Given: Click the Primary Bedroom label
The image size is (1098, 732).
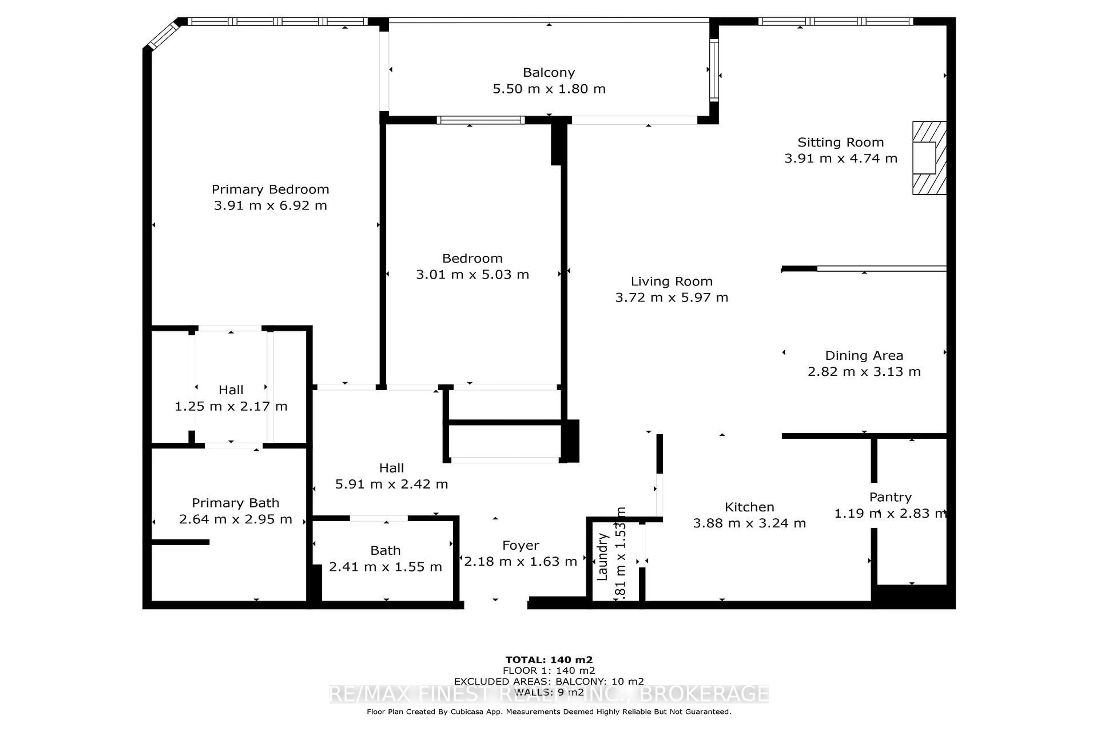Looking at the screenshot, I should pyautogui.click(x=270, y=189).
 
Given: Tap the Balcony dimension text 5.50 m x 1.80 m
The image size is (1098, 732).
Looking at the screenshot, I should pyautogui.click(x=549, y=89).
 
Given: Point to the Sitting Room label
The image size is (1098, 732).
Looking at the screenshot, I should pyautogui.click(x=840, y=142).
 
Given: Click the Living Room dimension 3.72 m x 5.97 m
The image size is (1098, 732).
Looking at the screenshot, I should pyautogui.click(x=671, y=297).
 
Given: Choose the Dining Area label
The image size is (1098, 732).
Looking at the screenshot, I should pyautogui.click(x=864, y=355).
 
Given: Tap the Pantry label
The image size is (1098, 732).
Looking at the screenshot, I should pyautogui.click(x=890, y=497).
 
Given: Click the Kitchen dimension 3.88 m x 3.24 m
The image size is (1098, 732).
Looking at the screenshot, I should pyautogui.click(x=749, y=523).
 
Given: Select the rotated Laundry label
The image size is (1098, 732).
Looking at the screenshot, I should pyautogui.click(x=602, y=556).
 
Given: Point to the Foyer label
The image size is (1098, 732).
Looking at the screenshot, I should pyautogui.click(x=520, y=545).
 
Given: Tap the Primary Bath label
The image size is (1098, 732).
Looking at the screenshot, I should pyautogui.click(x=235, y=503).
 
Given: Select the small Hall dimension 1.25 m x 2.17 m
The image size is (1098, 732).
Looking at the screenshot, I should pyautogui.click(x=231, y=406).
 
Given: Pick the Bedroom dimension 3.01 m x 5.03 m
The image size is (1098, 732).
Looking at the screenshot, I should pyautogui.click(x=472, y=274).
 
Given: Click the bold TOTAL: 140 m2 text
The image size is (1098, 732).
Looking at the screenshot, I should pyautogui.click(x=549, y=660).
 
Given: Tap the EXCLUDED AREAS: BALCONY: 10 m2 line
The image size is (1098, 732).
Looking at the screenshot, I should pyautogui.click(x=549, y=681).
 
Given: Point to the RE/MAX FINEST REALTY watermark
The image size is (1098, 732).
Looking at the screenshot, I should pyautogui.click(x=549, y=694).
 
